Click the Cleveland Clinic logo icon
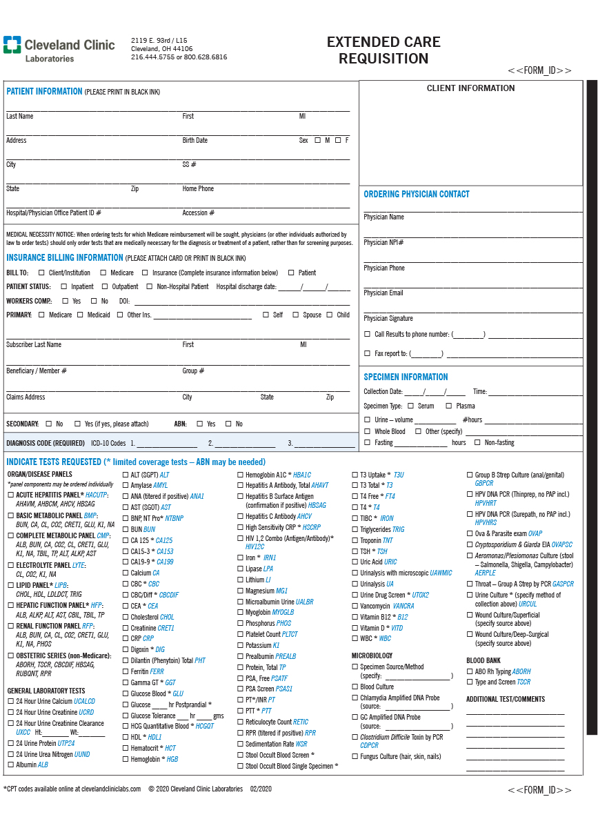[x=12, y=45]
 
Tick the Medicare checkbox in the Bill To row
[x=103, y=273]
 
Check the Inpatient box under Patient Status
[x=63, y=286]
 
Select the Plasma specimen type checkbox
[x=448, y=406]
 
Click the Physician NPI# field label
[x=383, y=242]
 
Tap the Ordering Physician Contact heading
[x=416, y=194]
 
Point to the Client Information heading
[x=470, y=88]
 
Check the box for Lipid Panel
[x=10, y=585]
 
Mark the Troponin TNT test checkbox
[x=355, y=541]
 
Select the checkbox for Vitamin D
[x=355, y=628]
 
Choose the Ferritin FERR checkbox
[x=126, y=671]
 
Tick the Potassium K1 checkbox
[x=240, y=645]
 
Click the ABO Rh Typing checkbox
[x=470, y=671]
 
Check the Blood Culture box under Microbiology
[x=355, y=687]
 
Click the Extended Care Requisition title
[x=383, y=50]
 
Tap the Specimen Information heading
[x=406, y=377]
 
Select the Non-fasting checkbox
[x=478, y=442]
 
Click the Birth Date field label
[x=195, y=140]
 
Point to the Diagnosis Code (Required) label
[x=46, y=443]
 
